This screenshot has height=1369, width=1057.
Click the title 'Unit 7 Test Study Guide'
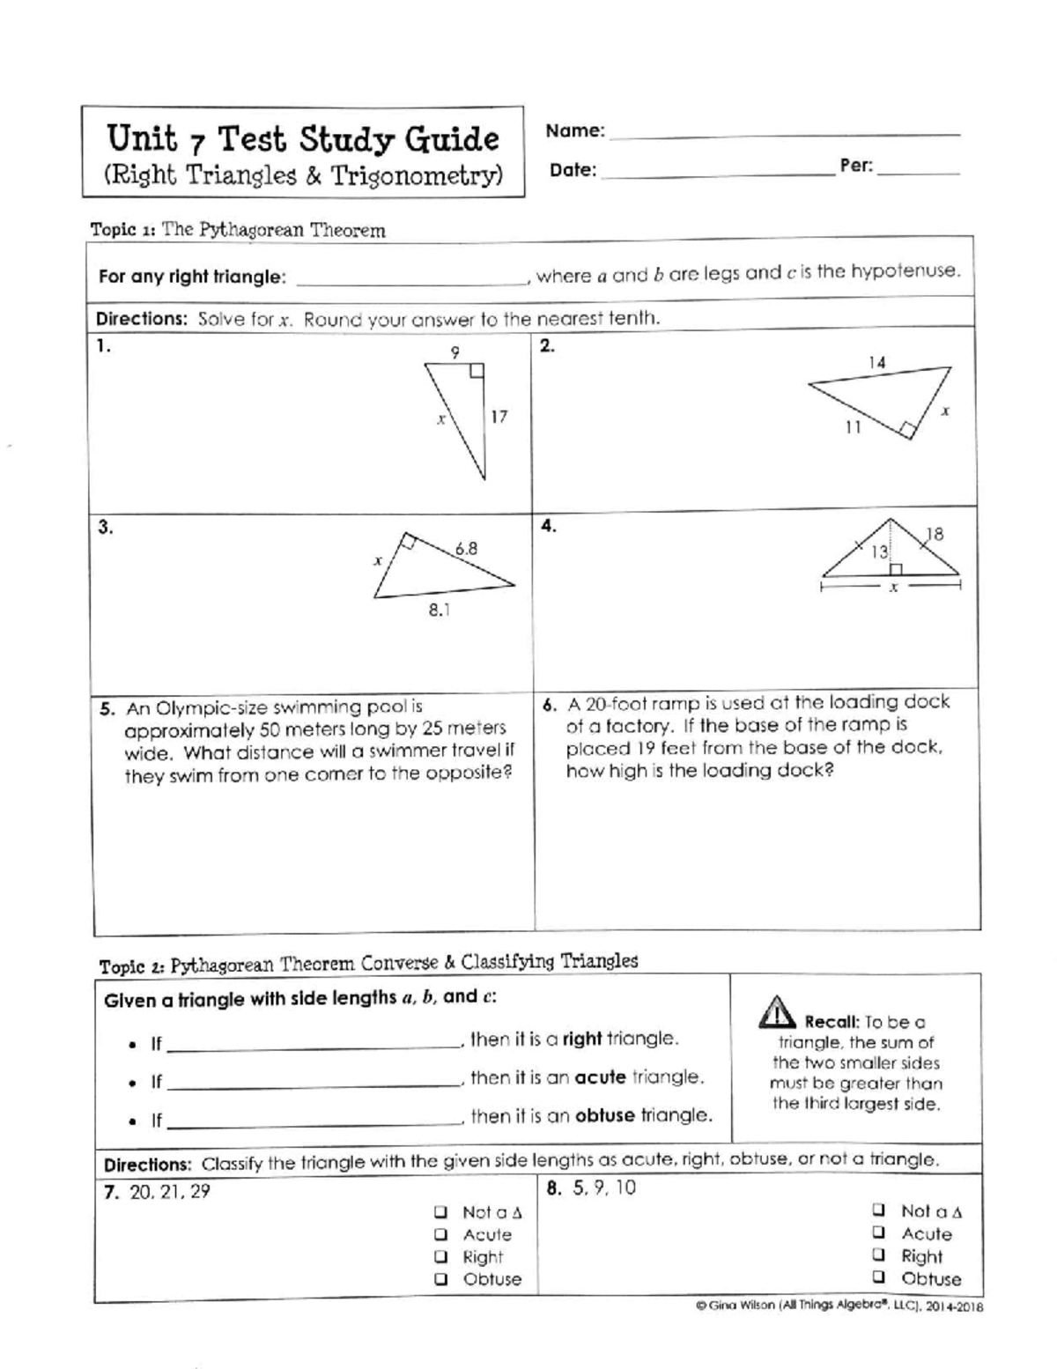303,139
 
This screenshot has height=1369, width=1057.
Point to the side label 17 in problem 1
499,417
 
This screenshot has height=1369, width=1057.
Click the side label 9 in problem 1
455,352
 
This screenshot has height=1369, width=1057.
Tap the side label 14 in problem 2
876,362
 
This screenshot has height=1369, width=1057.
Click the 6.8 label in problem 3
466,549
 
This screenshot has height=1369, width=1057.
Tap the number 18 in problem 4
934,534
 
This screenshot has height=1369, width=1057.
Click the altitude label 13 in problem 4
879,552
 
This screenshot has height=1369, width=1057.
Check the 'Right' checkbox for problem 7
441,1257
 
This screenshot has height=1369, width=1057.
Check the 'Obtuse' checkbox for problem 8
879,1276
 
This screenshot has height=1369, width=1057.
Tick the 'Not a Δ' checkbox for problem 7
441,1212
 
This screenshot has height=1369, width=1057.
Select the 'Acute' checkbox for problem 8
879,1232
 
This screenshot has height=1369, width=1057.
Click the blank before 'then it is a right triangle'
313,1045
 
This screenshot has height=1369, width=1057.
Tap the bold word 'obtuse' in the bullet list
604,1115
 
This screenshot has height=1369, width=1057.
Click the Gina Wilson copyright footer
833,1307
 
